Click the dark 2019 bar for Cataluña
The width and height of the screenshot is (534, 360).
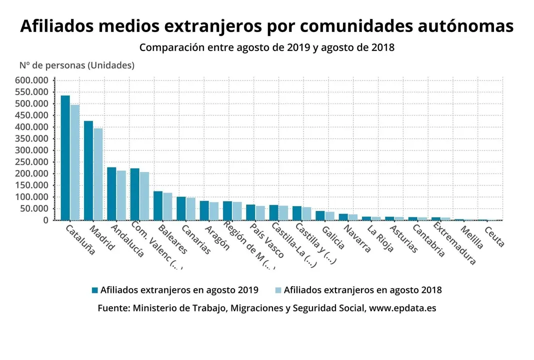65,157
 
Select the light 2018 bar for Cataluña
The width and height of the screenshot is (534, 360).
75,162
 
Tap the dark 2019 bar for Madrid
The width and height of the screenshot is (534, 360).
88,170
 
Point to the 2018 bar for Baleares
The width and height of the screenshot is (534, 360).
167,206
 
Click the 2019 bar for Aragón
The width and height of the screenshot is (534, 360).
204,210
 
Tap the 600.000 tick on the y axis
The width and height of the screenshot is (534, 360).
31,80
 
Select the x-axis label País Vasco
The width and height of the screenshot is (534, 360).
267,240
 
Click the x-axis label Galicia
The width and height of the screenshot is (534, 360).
333,237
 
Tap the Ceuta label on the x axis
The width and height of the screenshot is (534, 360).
494,236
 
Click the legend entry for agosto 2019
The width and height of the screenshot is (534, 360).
175,290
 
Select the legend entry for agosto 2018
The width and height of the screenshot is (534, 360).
358,290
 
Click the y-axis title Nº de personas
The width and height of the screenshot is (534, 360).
76,65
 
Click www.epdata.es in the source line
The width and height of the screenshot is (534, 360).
402,308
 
